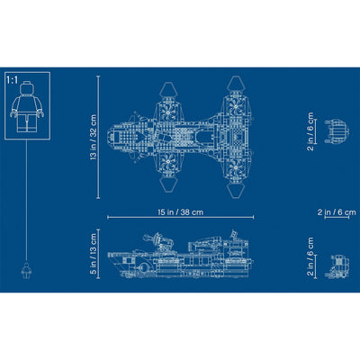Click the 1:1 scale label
point(12,80)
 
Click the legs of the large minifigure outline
point(27,122)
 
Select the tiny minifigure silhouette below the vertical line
point(26,270)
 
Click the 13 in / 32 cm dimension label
point(94,137)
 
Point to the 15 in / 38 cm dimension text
point(181,212)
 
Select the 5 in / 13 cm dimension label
point(94,254)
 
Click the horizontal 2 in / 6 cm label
point(337,212)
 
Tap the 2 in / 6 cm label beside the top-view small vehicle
point(310,131)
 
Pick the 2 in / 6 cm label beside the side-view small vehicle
point(310,256)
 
